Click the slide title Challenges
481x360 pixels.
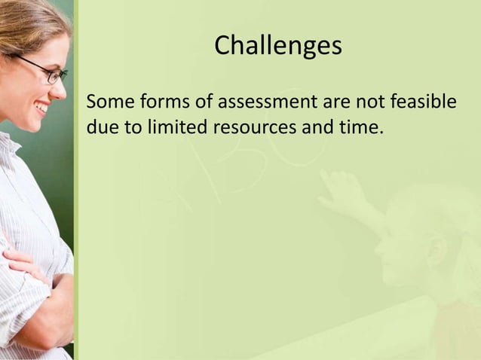(277, 47)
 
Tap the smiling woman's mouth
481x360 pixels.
(42, 108)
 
